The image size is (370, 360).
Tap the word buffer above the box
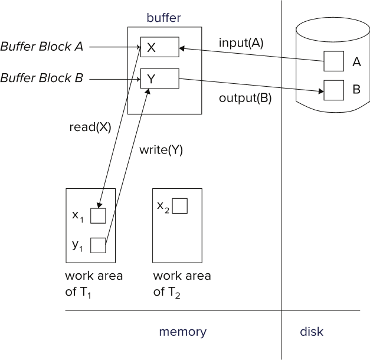pyautogui.click(x=163, y=18)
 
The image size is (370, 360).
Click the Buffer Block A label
pyautogui.click(x=42, y=46)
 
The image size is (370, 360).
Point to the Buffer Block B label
pyautogui.click(x=42, y=78)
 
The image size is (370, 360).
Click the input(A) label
pyautogui.click(x=241, y=43)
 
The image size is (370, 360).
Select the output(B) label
pyautogui.click(x=245, y=98)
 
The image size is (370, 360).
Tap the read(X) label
pyautogui.click(x=90, y=127)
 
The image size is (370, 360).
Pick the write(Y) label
pyautogui.click(x=161, y=150)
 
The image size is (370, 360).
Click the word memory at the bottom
pyautogui.click(x=183, y=332)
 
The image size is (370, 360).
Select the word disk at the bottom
pyautogui.click(x=312, y=332)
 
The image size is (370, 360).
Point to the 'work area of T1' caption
pyautogui.click(x=94, y=284)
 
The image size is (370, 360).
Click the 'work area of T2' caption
pyautogui.click(x=182, y=284)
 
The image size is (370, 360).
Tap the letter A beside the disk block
pyautogui.click(x=356, y=62)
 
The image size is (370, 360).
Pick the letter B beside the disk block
pyautogui.click(x=356, y=89)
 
